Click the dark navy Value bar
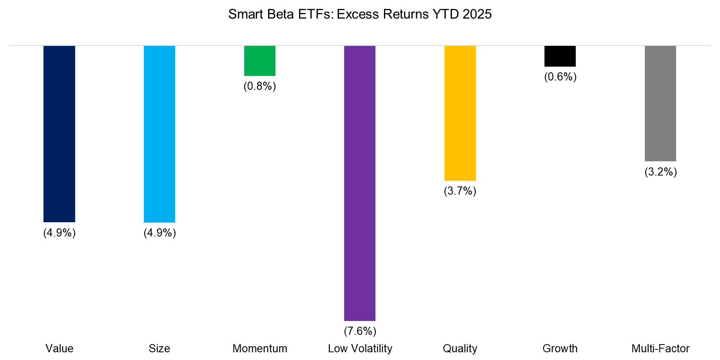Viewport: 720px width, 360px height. coord(59,134)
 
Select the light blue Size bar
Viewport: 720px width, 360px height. coord(159,134)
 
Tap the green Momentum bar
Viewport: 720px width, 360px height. coord(260,61)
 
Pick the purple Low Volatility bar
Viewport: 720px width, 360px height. coord(360,183)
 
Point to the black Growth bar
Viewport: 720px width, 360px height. coord(560,56)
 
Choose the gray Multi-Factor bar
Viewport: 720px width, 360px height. coord(660,103)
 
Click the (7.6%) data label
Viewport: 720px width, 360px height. coord(360,331)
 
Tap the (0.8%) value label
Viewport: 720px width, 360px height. coord(260,86)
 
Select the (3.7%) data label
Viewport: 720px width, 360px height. coord(460,191)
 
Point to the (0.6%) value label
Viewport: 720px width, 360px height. coord(560,77)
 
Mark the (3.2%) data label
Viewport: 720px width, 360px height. coord(661,172)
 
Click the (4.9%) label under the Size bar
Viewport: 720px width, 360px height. coord(160,233)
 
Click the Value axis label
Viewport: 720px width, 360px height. coord(59,349)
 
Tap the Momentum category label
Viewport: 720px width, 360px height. coord(260,349)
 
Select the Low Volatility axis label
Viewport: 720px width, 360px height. coord(360,349)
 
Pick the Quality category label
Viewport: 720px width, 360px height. coord(460,349)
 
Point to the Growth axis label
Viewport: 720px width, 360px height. coord(560,349)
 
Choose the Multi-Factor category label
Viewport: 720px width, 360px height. coord(660,349)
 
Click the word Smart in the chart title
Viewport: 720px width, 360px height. coord(244,14)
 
